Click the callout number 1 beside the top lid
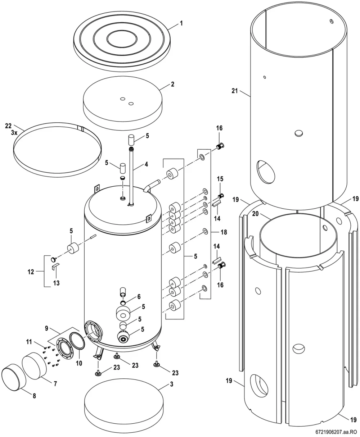coord(181,23)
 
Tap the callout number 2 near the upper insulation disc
coord(172,84)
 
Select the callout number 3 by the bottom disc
coord(171,384)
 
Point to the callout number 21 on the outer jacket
coord(235,91)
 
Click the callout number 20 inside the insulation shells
coord(256,213)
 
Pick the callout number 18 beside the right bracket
coord(224,232)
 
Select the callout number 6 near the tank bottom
coord(139,296)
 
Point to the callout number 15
coord(220,179)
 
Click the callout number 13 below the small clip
coord(56,283)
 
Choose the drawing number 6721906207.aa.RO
coord(337,432)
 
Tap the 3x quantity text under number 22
coord(14,133)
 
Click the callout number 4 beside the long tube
coord(147,164)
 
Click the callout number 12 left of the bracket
coord(31,272)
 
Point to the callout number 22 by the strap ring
coord(9,126)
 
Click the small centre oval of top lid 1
coord(122,39)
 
